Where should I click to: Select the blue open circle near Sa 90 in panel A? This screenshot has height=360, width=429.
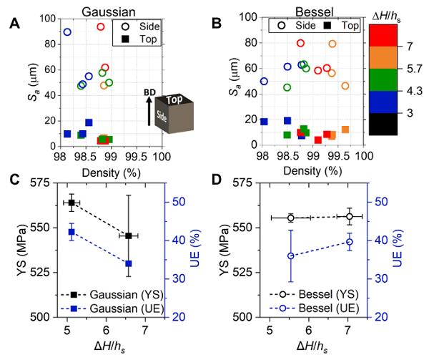[x=67, y=31]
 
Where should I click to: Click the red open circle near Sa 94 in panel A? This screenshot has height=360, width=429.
[x=101, y=26]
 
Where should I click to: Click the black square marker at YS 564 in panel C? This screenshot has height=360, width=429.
[x=71, y=203]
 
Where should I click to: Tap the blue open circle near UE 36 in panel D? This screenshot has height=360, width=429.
[x=290, y=256]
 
